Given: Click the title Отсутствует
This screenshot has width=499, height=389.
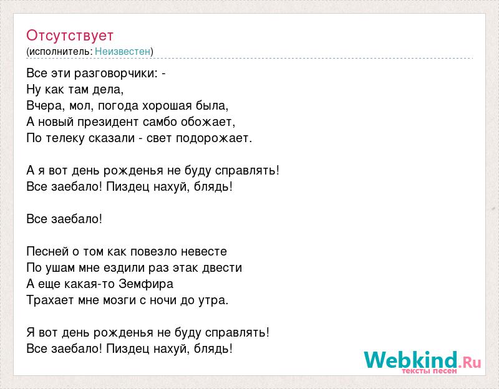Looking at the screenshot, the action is (x=70, y=36).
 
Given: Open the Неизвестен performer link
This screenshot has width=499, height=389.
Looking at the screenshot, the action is (x=122, y=51).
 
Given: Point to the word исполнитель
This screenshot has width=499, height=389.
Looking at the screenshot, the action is (x=61, y=52).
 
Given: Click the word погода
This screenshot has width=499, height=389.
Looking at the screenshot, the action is (x=118, y=105).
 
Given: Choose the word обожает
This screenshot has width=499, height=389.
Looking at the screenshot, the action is (x=208, y=122).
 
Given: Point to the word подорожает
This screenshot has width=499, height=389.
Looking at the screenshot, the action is (x=214, y=138).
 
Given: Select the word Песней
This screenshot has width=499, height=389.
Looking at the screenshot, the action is (x=47, y=251).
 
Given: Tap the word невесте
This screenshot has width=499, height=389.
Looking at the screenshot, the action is (x=204, y=251).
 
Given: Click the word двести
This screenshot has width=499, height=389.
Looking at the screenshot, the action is (x=222, y=267).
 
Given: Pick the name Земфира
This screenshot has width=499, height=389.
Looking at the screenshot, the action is (x=146, y=284).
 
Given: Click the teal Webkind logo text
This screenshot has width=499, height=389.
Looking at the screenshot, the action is (x=410, y=360).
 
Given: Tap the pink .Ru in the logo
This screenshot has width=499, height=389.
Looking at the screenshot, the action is (x=470, y=362).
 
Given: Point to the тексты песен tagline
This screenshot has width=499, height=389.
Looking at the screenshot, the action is (x=429, y=371).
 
